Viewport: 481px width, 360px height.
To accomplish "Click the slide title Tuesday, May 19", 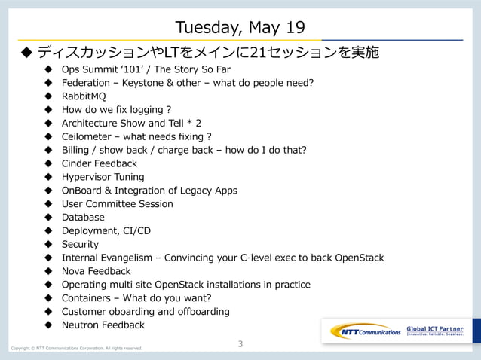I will click(240, 28).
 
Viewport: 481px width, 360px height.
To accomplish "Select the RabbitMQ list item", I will click(84, 96).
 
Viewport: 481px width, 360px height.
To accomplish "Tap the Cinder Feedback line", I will click(99, 163).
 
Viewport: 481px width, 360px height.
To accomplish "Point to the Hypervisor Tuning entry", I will click(103, 177).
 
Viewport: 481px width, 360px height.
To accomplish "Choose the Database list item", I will click(83, 218).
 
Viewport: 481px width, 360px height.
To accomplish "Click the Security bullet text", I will click(80, 244).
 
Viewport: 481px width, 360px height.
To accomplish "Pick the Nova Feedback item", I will click(96, 271).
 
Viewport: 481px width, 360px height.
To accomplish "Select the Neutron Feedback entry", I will click(103, 325).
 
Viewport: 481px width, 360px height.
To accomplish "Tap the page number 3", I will click(240, 344).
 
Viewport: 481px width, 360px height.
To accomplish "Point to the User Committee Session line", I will click(117, 204).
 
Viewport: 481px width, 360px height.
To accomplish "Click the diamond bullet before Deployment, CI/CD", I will click(47, 231).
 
